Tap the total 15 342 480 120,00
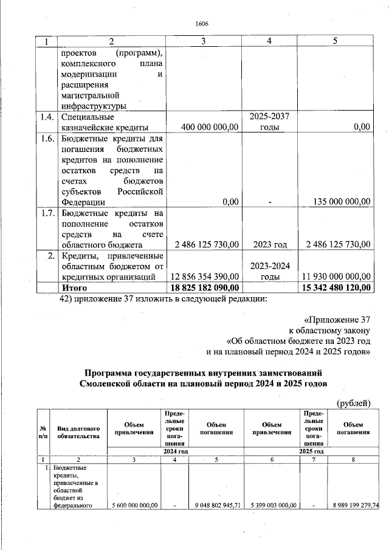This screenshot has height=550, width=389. (336, 287)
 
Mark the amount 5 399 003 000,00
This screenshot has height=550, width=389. (270, 504)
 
